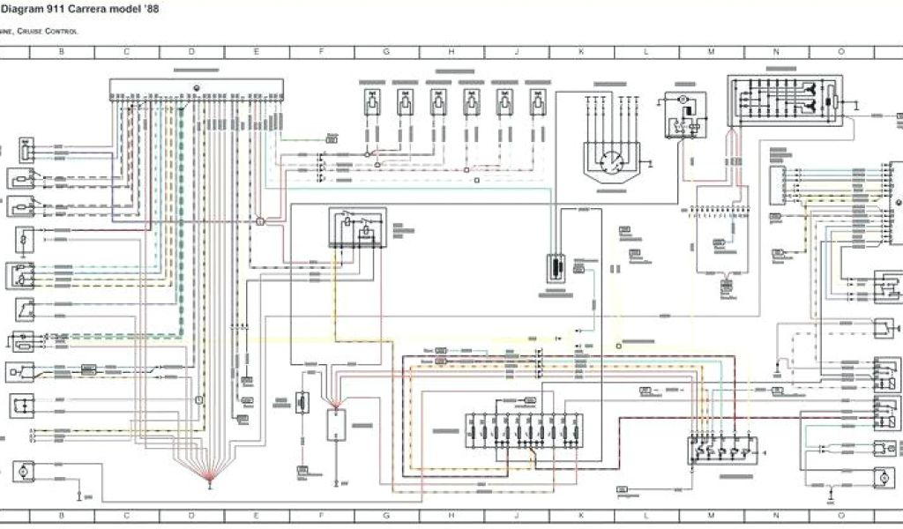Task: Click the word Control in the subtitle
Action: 63,32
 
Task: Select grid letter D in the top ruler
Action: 191,52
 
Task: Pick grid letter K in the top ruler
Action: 581,52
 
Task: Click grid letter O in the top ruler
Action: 841,52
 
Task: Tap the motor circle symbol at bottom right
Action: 880,477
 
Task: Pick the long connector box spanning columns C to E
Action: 197,90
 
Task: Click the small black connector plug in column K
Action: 556,266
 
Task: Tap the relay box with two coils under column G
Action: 357,228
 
